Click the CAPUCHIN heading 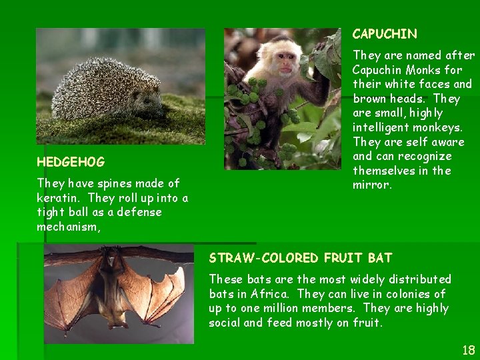point(385,34)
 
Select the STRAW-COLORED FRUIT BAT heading point(301,257)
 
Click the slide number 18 point(468,350)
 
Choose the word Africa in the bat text point(271,294)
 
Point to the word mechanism point(67,227)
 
